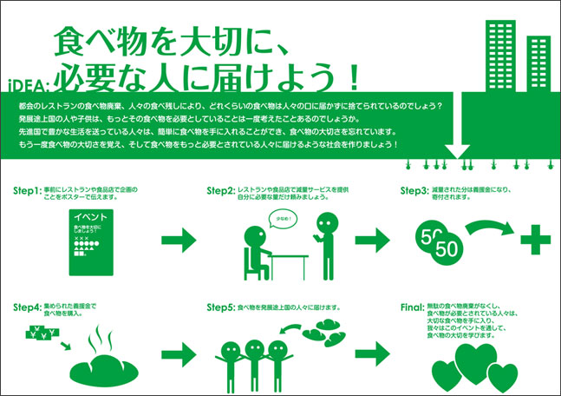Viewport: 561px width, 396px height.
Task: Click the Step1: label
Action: pyautogui.click(x=29, y=189)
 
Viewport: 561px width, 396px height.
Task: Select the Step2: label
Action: pyautogui.click(x=221, y=189)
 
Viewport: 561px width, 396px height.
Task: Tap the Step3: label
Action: pyautogui.click(x=414, y=189)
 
